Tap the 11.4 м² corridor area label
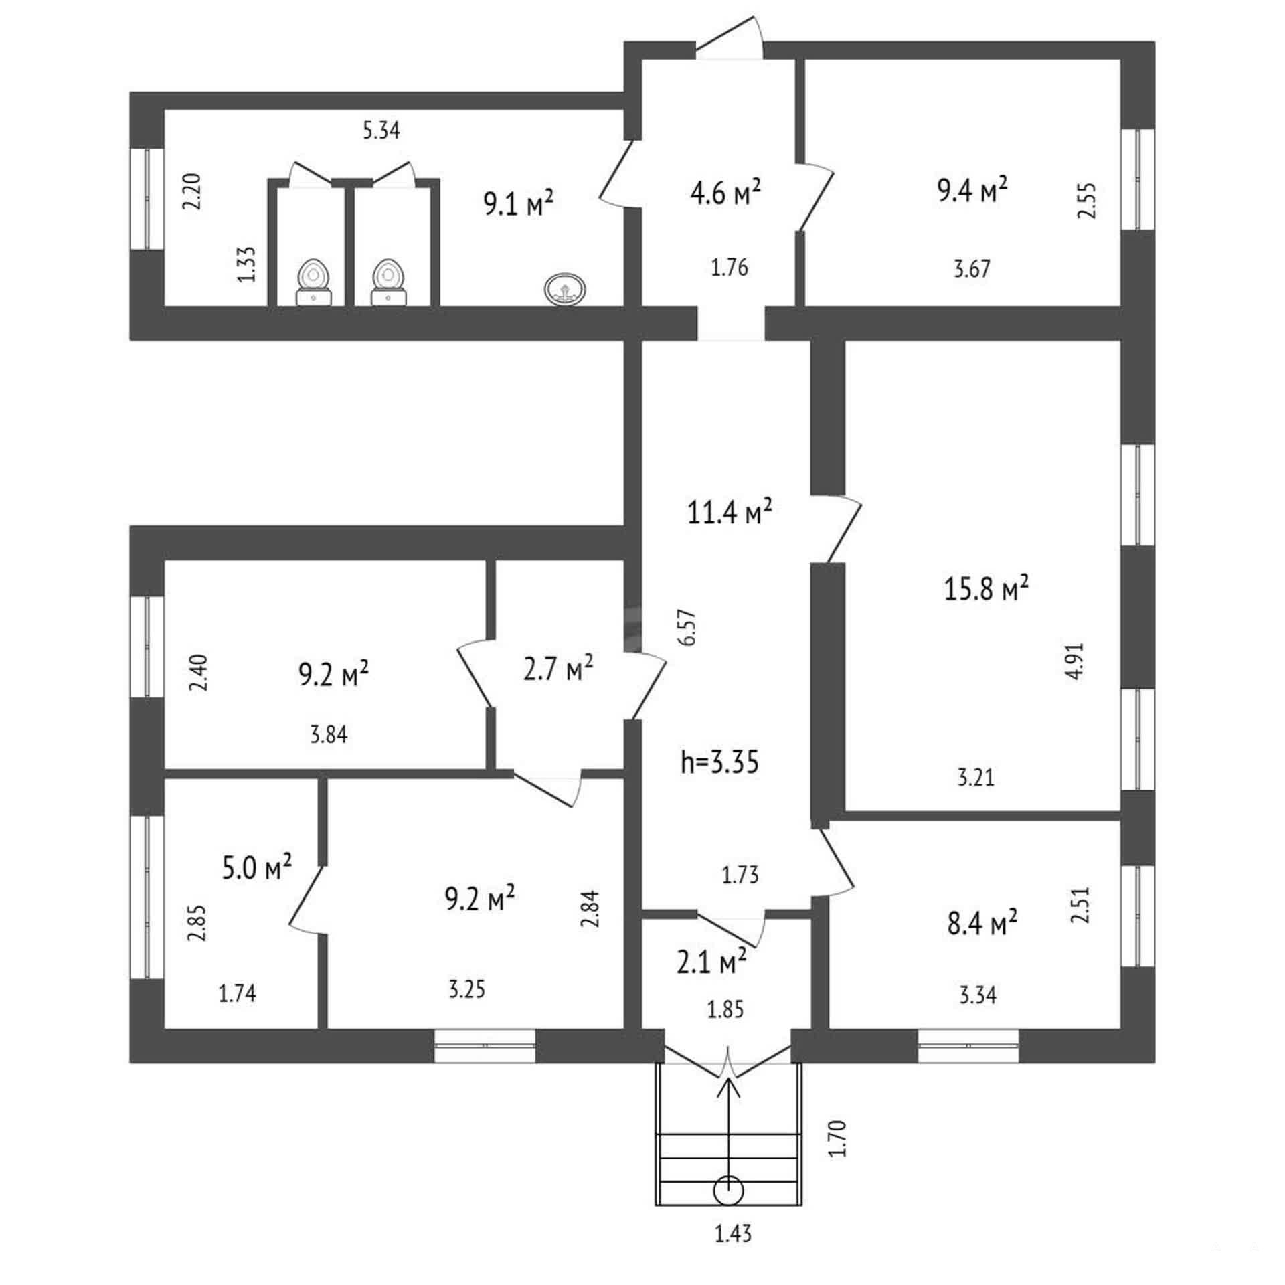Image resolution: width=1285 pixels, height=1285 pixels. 730,512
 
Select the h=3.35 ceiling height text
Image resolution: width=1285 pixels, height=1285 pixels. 720,762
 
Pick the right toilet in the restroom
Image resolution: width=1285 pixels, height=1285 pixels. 388,282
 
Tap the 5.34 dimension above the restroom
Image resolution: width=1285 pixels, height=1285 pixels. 381,130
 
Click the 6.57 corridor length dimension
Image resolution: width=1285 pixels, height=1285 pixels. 689,627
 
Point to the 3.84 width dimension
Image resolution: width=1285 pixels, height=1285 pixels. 329,735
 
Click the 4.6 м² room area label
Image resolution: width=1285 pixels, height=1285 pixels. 725,193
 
